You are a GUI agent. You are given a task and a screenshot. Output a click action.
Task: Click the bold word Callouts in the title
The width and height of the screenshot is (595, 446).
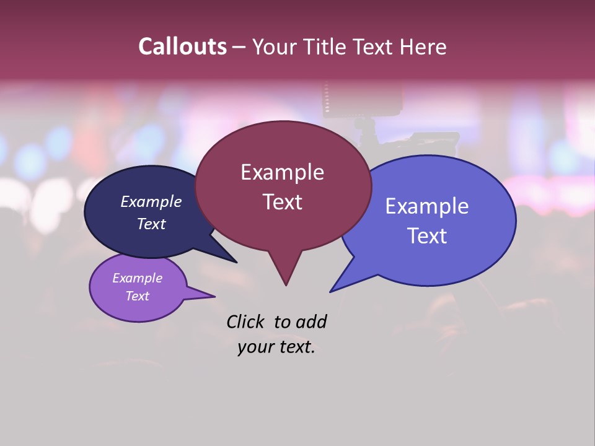183,46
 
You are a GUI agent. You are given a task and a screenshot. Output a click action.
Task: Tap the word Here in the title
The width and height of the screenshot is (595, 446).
423,46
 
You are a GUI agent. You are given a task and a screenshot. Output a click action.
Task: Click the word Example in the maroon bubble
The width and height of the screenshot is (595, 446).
282,172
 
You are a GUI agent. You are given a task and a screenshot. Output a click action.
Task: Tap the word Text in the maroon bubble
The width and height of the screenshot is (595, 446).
282,202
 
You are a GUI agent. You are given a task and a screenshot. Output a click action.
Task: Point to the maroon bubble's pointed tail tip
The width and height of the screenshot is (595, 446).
286,285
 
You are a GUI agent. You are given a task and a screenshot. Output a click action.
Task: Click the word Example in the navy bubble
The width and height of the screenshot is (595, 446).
151,202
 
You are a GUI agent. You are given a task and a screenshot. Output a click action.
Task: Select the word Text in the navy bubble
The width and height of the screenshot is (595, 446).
151,224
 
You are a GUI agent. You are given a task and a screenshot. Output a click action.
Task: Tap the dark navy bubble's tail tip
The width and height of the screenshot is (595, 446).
236,262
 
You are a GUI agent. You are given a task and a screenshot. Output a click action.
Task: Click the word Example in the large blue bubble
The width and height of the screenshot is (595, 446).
427,206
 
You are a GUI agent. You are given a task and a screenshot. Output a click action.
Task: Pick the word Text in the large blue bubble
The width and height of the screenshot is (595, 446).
427,236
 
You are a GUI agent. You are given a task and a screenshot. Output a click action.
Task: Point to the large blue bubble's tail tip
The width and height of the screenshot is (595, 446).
330,292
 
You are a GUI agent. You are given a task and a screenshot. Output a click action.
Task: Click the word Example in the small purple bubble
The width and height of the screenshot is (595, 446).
138,278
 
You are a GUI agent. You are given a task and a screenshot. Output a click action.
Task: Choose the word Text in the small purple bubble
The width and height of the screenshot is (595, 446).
138,296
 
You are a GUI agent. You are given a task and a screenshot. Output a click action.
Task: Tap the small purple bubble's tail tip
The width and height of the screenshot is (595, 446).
214,296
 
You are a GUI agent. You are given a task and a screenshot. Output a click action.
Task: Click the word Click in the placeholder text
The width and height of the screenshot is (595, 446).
246,321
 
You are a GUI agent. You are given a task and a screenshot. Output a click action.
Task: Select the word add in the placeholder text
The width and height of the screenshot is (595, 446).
311,321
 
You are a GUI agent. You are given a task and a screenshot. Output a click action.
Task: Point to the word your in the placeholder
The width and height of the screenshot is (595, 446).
255,347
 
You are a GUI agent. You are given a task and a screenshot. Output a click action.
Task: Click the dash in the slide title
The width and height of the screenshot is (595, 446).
239,46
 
